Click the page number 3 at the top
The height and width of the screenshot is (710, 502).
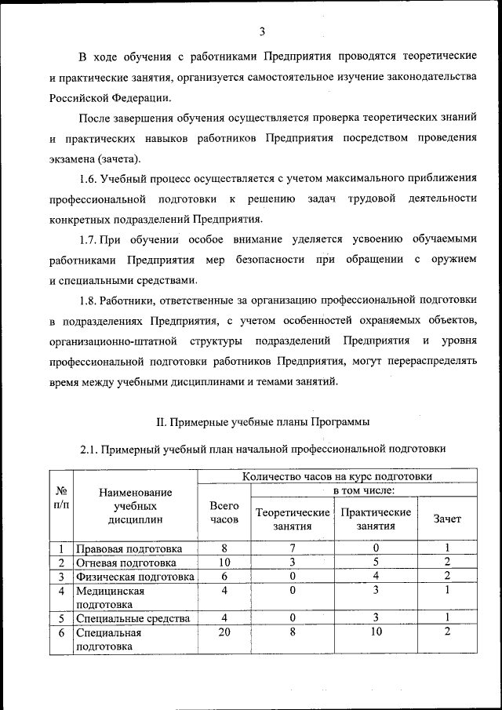263,31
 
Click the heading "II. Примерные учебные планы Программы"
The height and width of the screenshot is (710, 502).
263,422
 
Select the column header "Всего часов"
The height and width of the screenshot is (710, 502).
224,512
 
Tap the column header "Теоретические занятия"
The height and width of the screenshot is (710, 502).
293,519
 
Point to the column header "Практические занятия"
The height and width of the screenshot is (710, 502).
376,519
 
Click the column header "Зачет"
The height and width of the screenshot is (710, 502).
447,519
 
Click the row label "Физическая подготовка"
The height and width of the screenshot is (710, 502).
134,577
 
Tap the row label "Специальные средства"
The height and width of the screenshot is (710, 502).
133,618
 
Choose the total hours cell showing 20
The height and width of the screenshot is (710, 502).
224,632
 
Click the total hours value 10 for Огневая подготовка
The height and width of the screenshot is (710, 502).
224,563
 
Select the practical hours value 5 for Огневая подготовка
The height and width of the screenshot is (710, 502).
376,563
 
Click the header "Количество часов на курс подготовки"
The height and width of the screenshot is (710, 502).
336,475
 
